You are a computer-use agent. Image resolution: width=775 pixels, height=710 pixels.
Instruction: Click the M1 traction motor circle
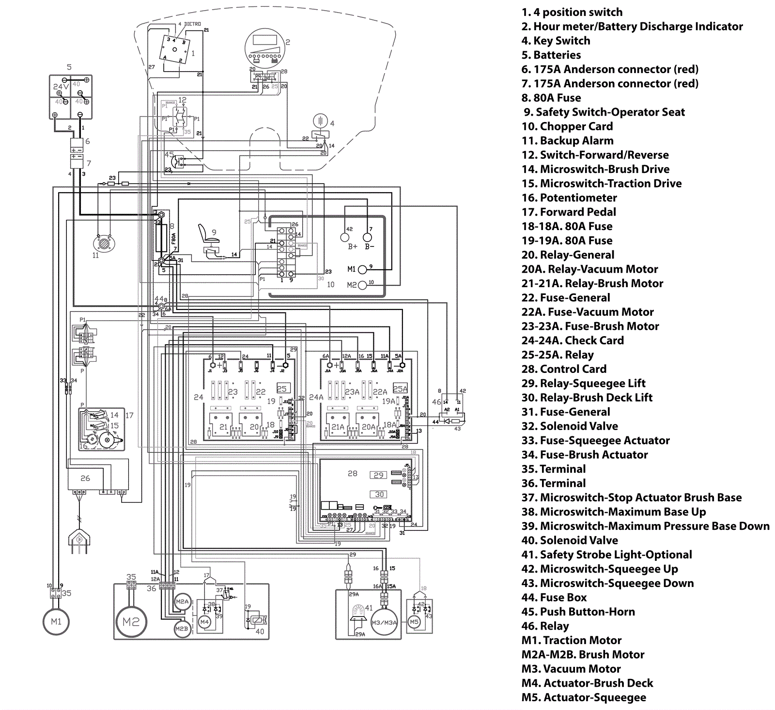tap(56, 621)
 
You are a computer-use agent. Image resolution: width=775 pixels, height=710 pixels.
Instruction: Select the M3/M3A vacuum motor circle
tap(384, 622)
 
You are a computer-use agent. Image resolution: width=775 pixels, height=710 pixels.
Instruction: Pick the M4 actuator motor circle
tap(204, 622)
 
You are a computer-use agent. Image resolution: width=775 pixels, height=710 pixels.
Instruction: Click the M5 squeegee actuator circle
tap(414, 622)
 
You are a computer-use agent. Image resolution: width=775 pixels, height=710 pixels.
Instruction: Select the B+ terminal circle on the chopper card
tap(345, 237)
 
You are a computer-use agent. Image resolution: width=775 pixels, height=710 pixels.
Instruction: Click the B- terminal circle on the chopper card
tap(368, 237)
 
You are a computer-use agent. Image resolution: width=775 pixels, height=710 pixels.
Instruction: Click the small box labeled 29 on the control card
tap(379, 475)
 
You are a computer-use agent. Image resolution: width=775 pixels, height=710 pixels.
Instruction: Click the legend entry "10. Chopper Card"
tap(567, 126)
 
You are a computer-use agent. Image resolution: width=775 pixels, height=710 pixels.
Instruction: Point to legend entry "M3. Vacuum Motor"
tap(571, 669)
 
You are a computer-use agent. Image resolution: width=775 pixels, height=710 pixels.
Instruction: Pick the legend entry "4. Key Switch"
tap(556, 41)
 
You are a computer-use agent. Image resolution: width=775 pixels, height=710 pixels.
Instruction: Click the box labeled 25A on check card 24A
tap(400, 388)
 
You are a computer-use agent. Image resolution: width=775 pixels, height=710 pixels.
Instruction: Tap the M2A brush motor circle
tap(182, 602)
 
